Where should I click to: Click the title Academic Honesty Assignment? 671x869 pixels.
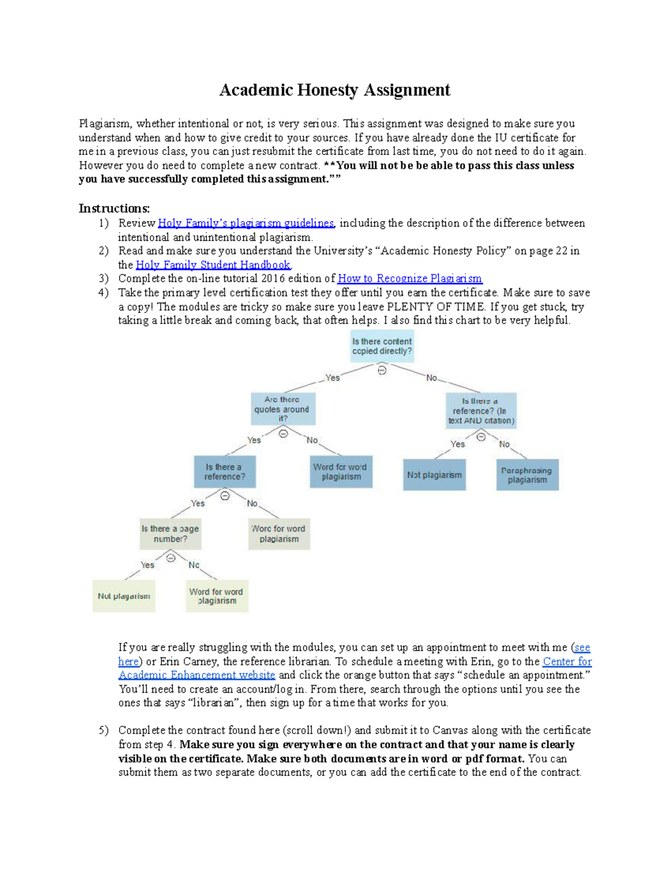tap(334, 90)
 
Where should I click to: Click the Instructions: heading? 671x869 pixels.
tap(114, 209)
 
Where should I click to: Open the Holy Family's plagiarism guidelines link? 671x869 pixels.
tap(245, 223)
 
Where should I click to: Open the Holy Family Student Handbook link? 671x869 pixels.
tap(213, 265)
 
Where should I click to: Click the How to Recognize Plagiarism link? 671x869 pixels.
tap(410, 279)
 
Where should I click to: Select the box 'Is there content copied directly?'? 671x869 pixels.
tap(382, 346)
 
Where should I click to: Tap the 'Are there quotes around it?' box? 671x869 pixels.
tap(282, 409)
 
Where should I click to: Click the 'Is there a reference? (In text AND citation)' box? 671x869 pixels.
tap(481, 411)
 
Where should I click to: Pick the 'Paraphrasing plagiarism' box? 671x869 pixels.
tap(527, 475)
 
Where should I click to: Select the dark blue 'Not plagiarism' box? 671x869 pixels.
tap(434, 475)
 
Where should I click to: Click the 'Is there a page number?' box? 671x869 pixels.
tap(171, 534)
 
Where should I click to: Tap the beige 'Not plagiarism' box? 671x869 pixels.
tap(124, 596)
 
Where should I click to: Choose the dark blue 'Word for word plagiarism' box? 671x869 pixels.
tap(341, 472)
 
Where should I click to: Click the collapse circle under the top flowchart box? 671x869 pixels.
tap(382, 370)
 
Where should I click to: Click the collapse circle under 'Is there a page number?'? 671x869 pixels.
tap(171, 558)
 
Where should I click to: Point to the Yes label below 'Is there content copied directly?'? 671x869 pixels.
tap(333, 378)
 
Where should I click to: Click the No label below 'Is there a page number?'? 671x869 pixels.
tap(193, 565)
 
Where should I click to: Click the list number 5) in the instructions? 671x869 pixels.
tap(103, 731)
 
